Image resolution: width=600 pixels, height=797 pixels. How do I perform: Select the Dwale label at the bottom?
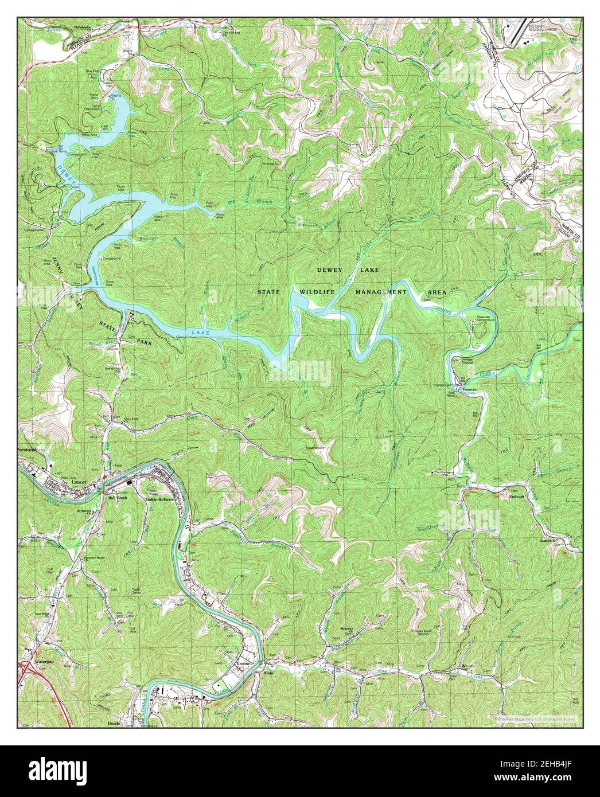[x=114, y=724]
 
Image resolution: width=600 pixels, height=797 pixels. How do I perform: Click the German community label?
[x=470, y=388]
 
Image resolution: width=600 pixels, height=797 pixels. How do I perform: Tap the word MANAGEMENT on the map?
[x=381, y=292]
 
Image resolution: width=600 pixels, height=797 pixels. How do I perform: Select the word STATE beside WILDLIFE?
[x=268, y=292]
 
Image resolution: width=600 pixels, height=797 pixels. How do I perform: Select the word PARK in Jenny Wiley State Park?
[x=143, y=342]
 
